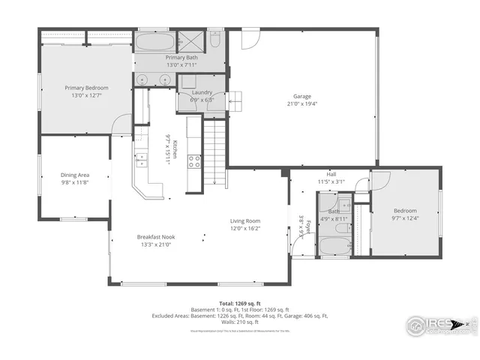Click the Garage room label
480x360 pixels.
(302, 96)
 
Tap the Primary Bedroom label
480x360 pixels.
(86, 88)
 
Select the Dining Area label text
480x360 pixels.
(75, 175)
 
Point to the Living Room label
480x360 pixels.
(244, 220)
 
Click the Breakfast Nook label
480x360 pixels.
(154, 236)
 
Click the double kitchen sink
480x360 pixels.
(140, 159)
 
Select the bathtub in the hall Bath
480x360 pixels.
(331, 246)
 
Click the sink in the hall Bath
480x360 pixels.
(345, 204)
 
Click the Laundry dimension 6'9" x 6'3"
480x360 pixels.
(202, 99)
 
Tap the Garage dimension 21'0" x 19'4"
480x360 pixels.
(302, 103)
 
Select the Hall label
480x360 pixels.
(331, 174)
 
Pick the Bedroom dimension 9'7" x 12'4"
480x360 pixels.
(405, 218)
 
